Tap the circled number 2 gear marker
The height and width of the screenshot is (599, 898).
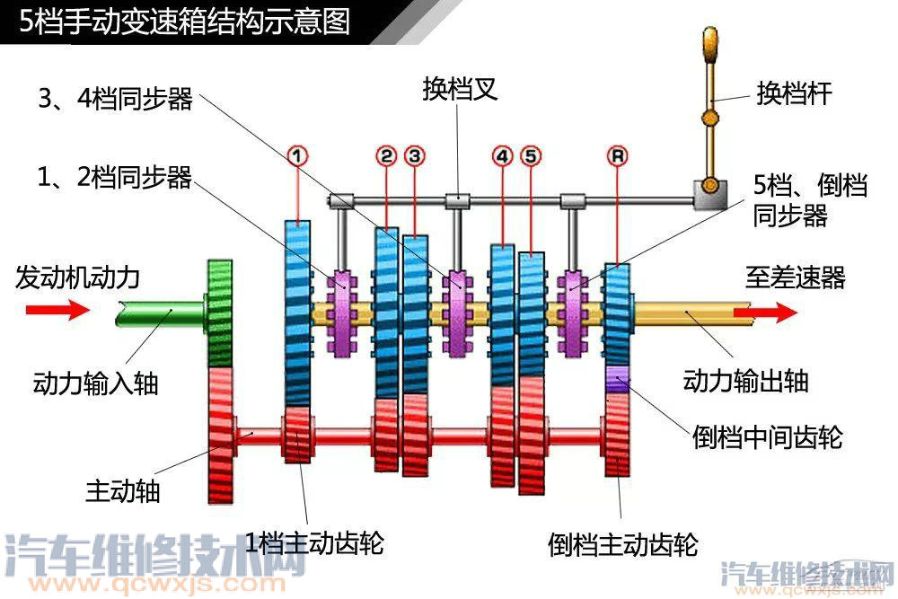[x=386, y=155]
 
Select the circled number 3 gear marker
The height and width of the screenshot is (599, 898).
[x=414, y=155]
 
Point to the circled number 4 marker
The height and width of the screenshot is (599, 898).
[x=502, y=155]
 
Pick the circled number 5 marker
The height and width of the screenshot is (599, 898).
[x=531, y=155]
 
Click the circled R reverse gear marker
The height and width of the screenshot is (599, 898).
[x=617, y=155]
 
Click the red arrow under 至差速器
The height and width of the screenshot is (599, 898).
[x=764, y=312]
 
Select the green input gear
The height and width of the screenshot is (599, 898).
[x=220, y=312]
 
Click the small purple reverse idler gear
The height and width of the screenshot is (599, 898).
[x=617, y=379]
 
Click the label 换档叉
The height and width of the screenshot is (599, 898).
[x=460, y=90]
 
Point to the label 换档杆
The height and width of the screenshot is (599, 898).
[x=794, y=93]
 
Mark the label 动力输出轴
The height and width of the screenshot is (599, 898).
[x=745, y=380]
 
